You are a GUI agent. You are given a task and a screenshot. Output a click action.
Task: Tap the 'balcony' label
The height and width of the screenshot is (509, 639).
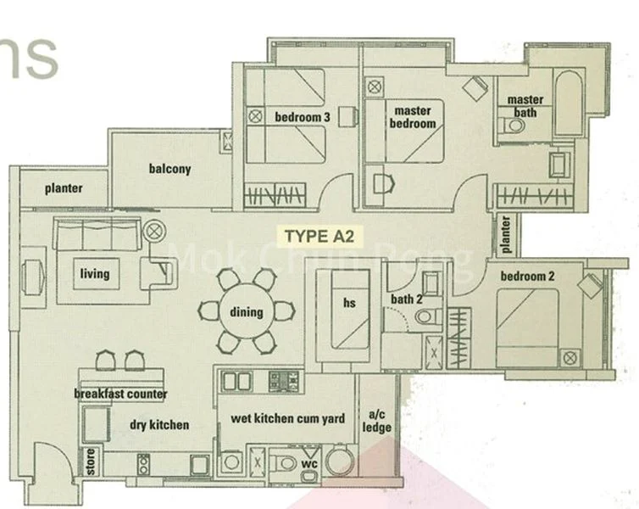(169, 169)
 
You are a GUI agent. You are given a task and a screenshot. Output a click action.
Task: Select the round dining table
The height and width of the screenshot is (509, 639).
(246, 311)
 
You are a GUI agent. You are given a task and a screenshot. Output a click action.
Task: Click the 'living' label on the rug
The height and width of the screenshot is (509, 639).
(95, 273)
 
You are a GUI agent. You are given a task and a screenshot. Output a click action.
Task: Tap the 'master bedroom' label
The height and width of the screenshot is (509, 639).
(412, 117)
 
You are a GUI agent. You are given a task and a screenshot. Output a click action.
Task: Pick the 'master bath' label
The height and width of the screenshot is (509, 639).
(525, 106)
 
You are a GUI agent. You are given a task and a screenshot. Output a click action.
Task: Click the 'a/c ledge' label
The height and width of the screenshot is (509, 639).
(377, 421)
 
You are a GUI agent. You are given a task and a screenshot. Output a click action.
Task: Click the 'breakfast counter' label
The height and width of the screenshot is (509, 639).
(120, 394)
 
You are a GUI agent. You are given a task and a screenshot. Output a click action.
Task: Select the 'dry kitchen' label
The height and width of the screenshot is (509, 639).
(159, 424)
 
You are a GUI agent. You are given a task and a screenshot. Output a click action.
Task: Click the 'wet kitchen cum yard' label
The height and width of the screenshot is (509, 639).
(286, 418)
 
